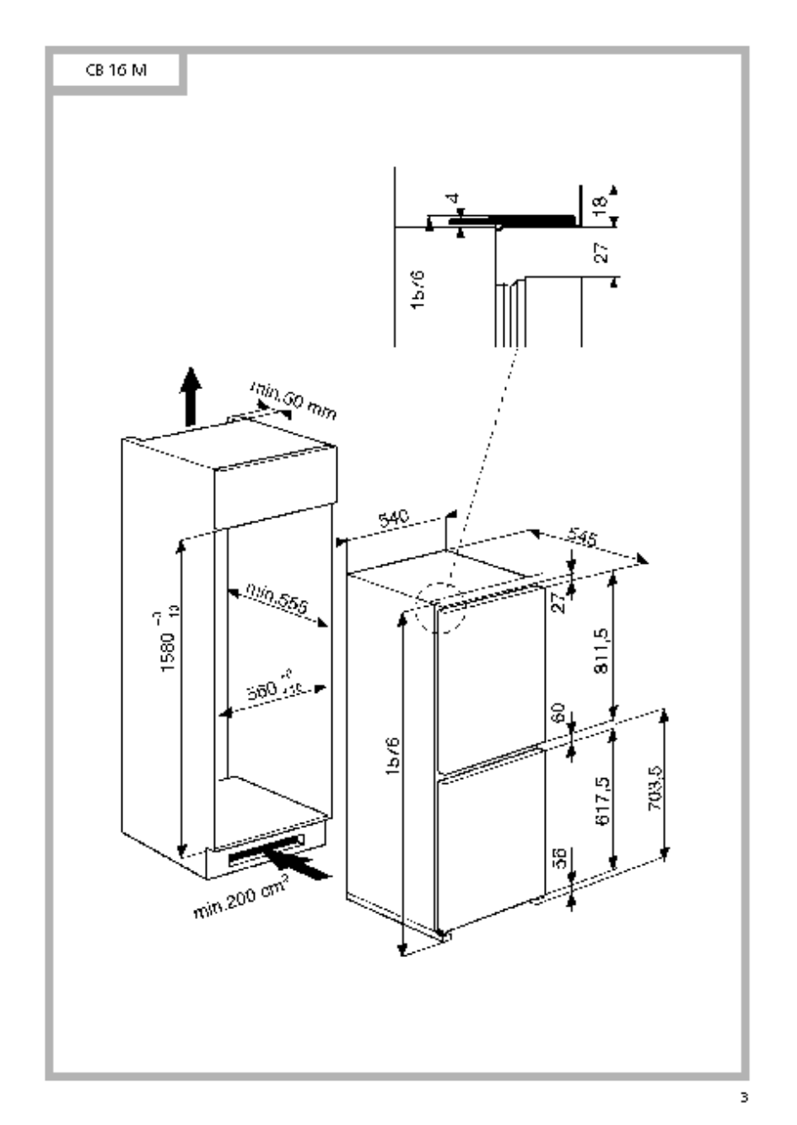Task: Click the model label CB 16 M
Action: [x=115, y=71]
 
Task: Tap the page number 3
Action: [x=743, y=1098]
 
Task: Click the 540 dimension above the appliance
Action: [x=394, y=521]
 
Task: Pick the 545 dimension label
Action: [x=583, y=540]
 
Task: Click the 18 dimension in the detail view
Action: [x=600, y=203]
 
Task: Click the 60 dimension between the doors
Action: [x=557, y=714]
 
